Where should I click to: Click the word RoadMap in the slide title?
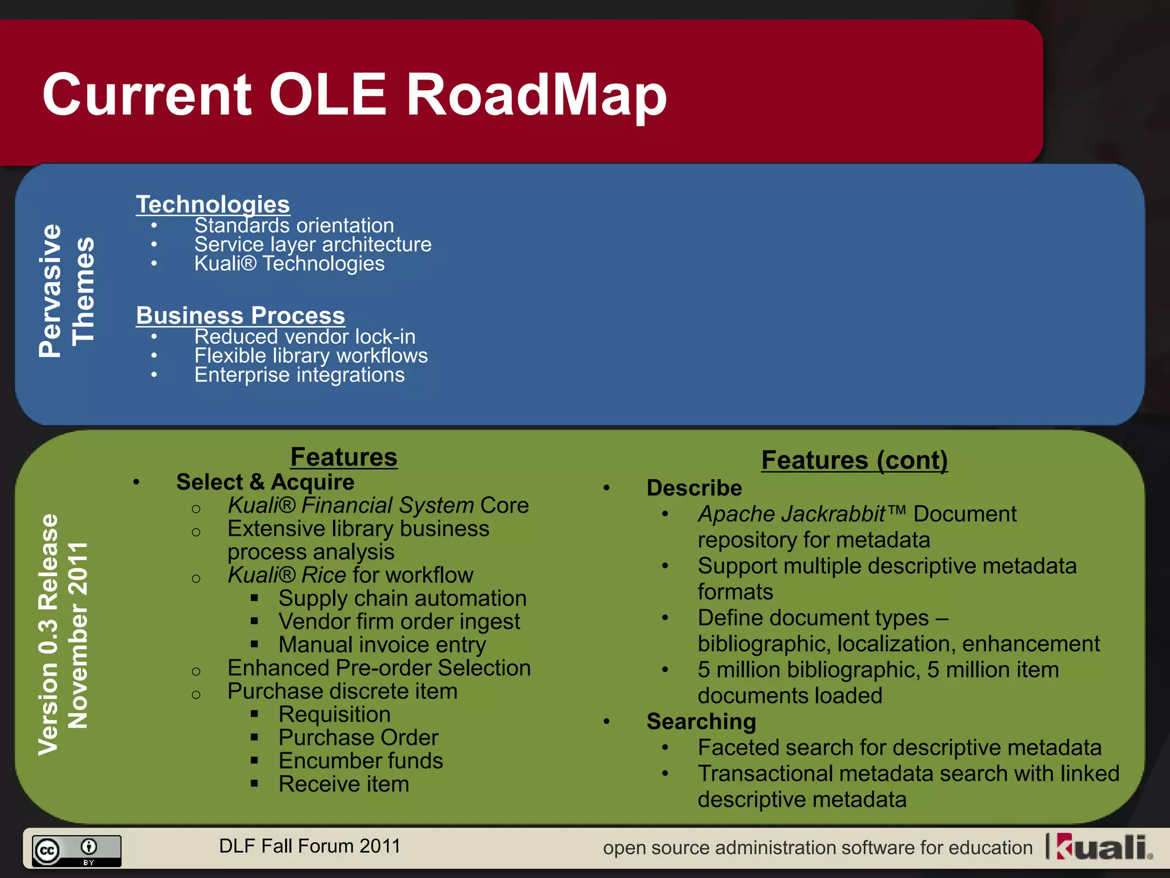536,95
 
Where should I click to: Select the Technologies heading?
213,204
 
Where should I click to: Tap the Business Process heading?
241,316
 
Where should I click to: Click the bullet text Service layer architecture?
312,245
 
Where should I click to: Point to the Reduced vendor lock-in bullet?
304,337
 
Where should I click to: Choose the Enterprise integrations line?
299,375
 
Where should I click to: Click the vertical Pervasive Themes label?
66,290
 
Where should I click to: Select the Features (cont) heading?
854,460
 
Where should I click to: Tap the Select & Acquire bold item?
265,482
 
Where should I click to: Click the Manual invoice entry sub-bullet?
382,645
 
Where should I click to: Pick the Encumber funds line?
360,761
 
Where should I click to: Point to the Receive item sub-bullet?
343,784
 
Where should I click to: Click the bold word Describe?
694,488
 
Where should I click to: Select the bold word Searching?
701,721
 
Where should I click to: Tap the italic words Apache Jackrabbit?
791,514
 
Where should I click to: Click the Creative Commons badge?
76,851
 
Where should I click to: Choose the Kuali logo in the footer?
1103,847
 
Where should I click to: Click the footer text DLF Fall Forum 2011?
310,846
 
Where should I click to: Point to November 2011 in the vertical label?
78,634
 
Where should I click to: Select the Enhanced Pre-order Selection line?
379,668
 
